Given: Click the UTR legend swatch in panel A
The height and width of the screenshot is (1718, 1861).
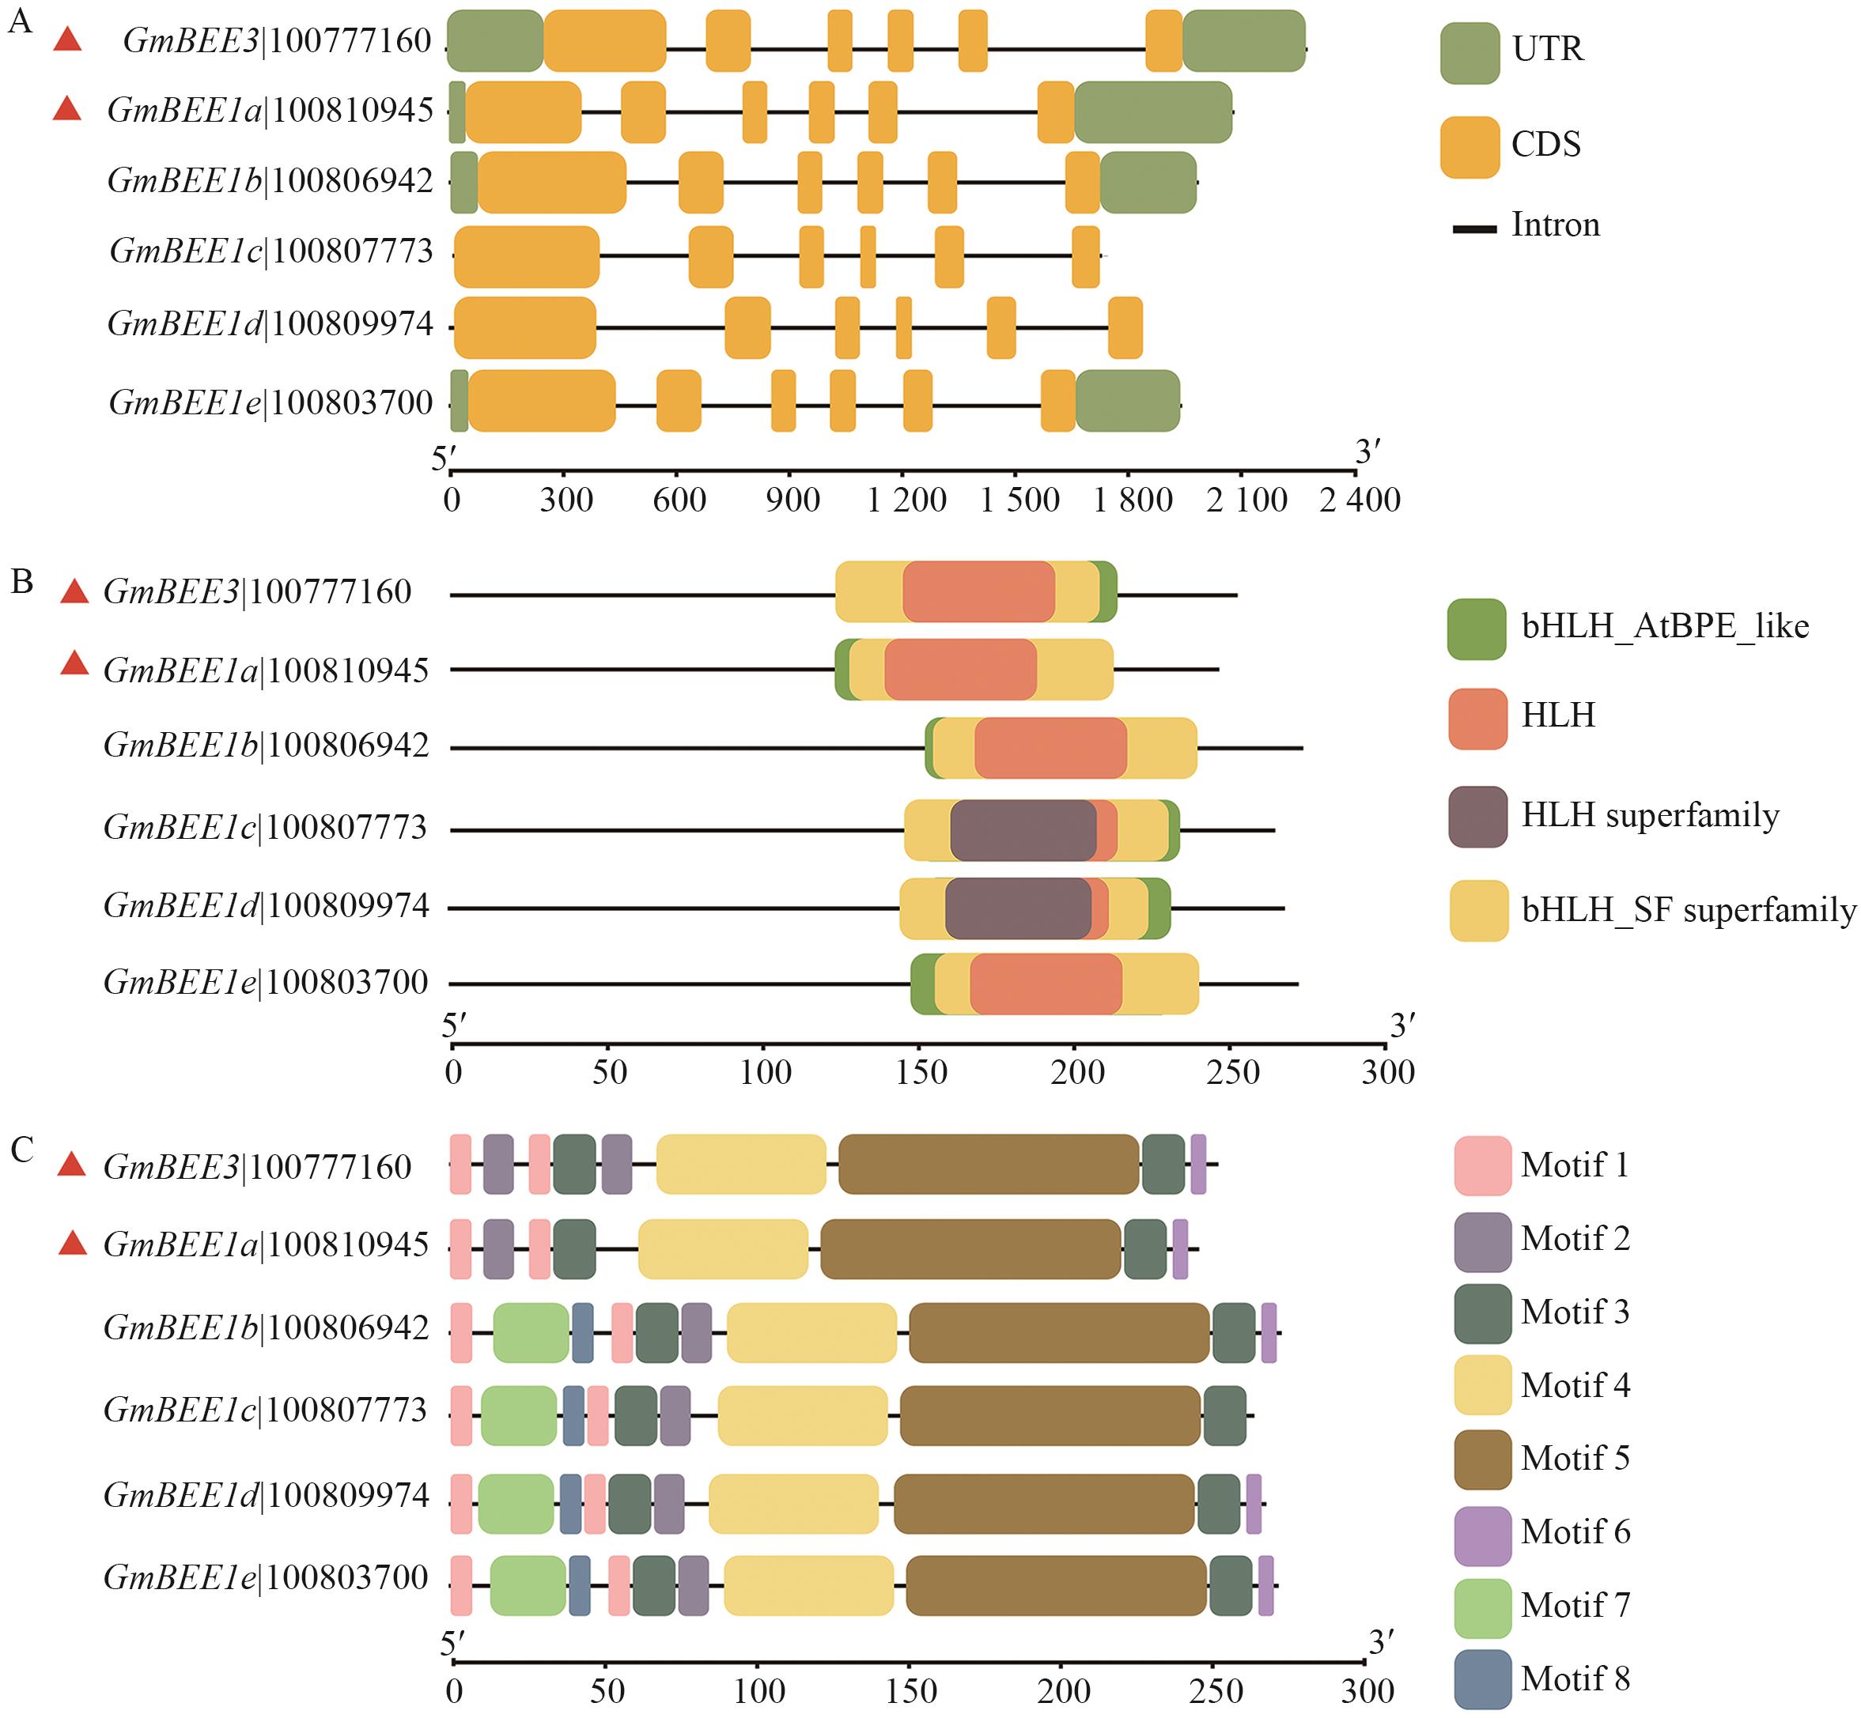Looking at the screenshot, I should [x=1470, y=53].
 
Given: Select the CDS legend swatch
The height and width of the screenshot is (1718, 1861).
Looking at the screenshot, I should [x=1470, y=147].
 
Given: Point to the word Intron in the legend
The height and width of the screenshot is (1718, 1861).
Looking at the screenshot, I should [x=1555, y=225].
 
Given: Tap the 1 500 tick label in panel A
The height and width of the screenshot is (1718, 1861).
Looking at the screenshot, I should [x=1019, y=500].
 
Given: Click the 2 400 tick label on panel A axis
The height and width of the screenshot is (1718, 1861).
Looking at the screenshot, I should [x=1360, y=500].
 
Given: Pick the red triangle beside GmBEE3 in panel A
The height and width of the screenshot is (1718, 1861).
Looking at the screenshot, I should [x=67, y=40].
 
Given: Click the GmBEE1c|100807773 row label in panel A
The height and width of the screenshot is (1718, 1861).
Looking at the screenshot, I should [x=270, y=251].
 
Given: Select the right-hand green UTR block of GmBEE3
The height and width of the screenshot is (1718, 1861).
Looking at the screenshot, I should [x=1243, y=41].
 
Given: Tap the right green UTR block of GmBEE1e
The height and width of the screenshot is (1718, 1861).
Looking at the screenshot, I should [x=1127, y=401].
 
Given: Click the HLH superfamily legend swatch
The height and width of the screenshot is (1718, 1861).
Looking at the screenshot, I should [x=1478, y=816].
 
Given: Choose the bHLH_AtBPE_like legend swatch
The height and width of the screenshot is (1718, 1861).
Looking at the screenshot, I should [x=1476, y=629].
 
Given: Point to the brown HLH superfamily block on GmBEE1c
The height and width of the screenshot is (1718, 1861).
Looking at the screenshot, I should [x=1023, y=829].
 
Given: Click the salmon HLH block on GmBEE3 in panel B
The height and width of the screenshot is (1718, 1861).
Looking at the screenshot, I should [x=978, y=591].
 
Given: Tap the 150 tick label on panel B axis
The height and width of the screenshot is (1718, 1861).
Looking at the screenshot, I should [x=921, y=1072].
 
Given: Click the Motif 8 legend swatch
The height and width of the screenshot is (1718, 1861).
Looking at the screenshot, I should [x=1482, y=1679].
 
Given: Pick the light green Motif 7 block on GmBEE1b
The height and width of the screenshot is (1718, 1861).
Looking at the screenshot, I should [x=531, y=1332].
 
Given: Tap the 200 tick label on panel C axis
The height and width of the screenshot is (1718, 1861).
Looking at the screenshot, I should [x=1063, y=1690].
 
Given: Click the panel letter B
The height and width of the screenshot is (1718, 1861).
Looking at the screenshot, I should [x=21, y=582].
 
